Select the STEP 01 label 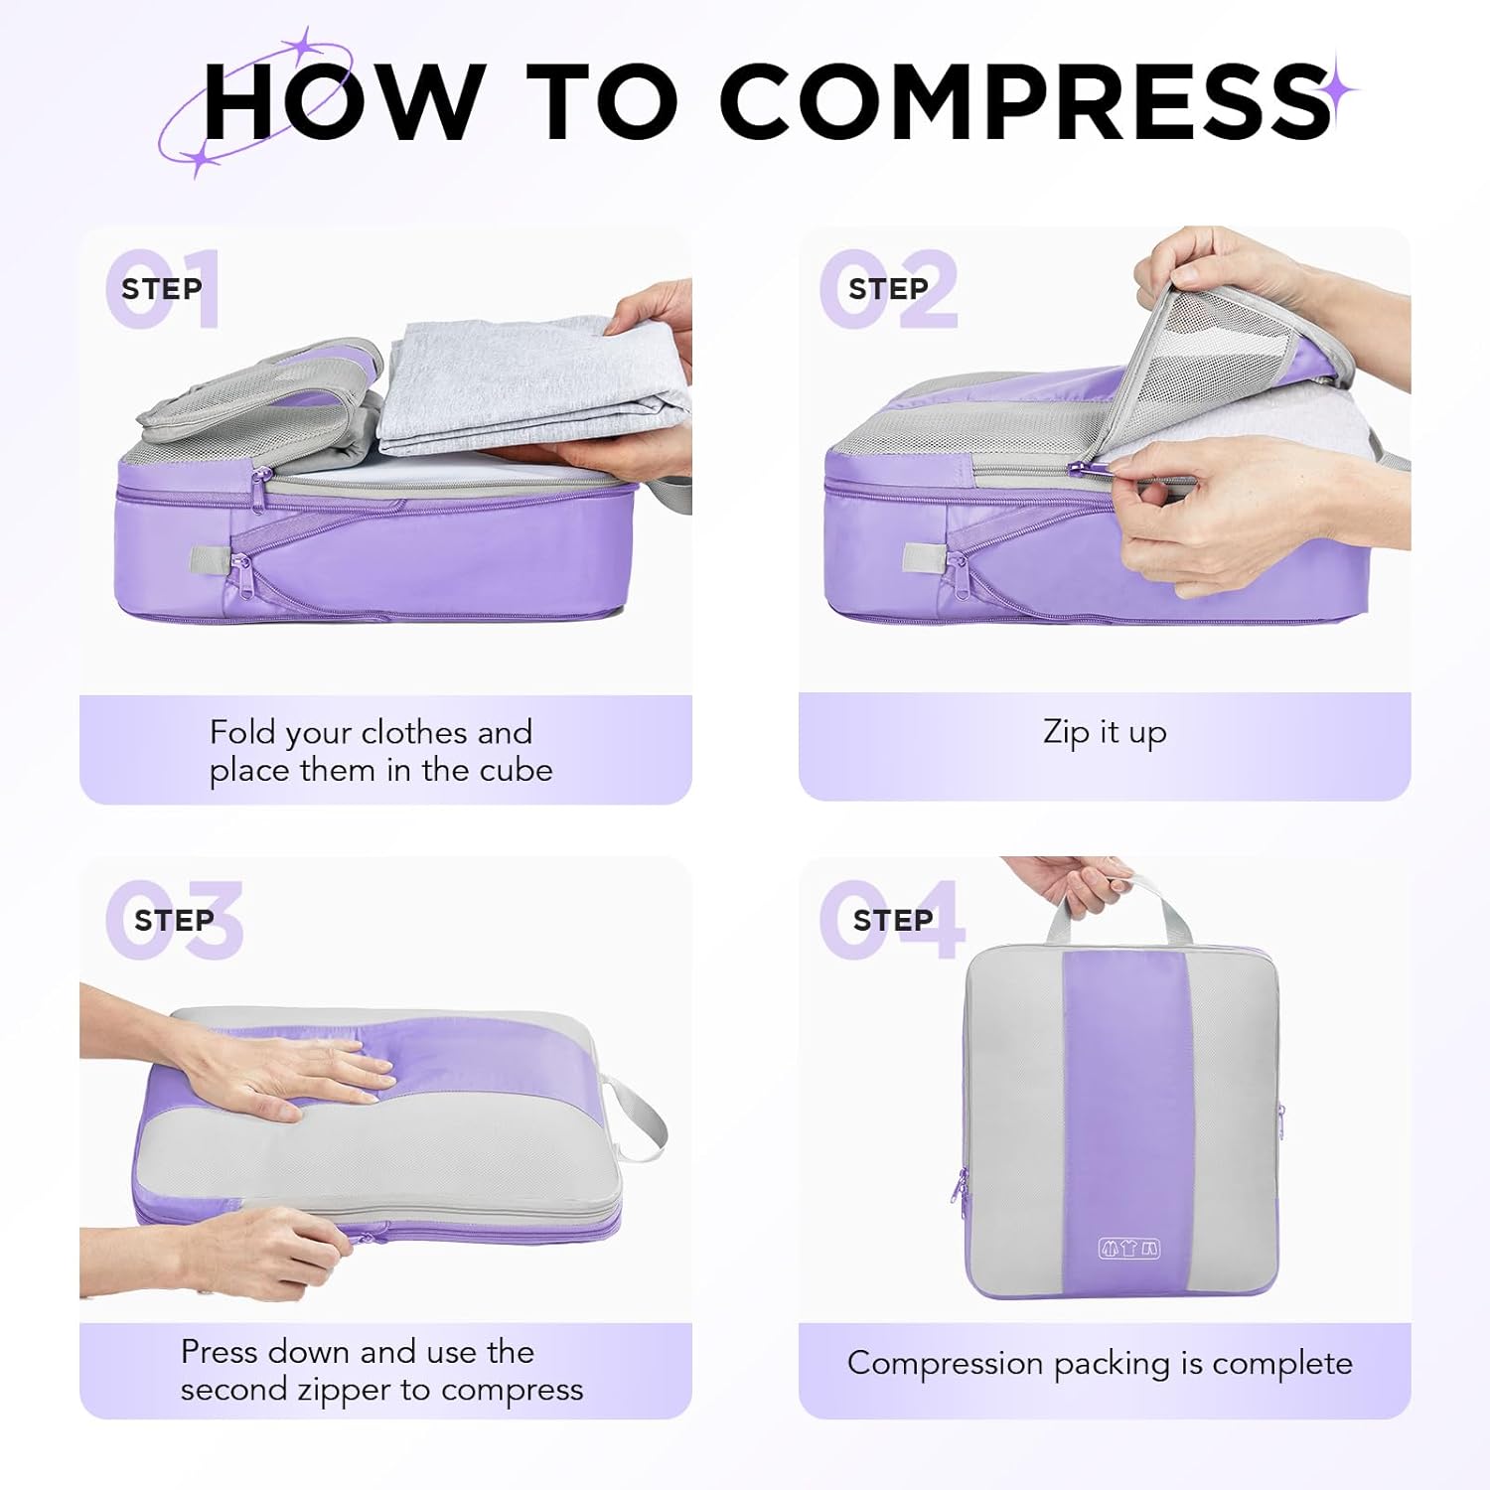coord(162,289)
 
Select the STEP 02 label coord(888,289)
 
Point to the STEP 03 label coord(174,921)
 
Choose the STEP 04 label coord(892,921)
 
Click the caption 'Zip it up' coord(1105,732)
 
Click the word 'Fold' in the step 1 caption coord(241,733)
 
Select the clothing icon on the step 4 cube coord(1128,1249)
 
